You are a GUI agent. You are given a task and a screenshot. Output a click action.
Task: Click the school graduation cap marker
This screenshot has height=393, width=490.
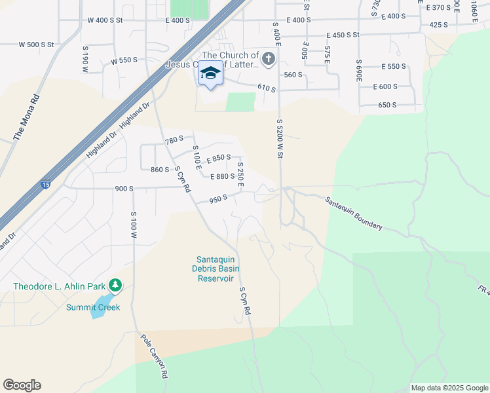coord(210,74)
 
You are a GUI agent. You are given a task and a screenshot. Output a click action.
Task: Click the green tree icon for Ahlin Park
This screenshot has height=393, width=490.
coord(116,285)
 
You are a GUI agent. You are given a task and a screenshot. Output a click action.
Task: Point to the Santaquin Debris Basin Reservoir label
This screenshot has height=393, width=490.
coord(216,269)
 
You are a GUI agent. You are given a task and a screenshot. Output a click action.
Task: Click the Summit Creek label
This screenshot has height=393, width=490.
coord(93,307)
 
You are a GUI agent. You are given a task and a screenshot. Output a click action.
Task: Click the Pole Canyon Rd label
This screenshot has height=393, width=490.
coord(155,358)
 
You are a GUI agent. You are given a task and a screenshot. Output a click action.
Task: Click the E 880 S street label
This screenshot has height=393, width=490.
coord(223,176)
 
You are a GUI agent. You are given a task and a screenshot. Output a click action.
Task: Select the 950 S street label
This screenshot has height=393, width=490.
coord(218,198)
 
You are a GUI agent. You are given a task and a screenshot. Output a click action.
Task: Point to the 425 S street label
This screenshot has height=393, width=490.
coord(438,24)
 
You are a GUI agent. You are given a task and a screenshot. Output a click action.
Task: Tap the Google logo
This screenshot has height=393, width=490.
coord(22,385)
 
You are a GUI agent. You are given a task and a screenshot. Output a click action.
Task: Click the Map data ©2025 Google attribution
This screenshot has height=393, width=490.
coord(449,388)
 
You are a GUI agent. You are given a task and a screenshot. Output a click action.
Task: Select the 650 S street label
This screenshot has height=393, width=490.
coord(388,105)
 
